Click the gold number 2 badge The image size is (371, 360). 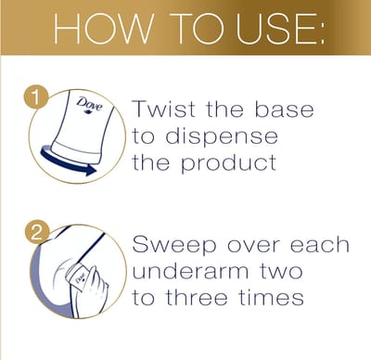(x=34, y=233)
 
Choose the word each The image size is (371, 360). (x=320, y=247)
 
